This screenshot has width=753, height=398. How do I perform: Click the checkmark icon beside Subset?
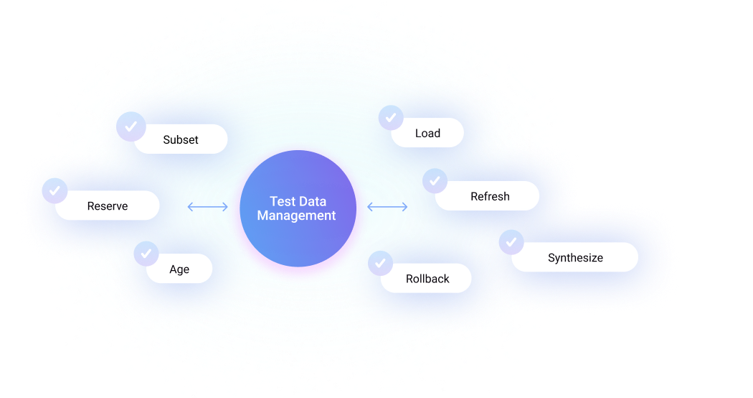coord(130,126)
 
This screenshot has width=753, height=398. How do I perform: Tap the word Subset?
coord(181,140)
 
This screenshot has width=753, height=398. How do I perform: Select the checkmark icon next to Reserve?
coord(55,191)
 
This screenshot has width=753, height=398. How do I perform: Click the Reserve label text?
coord(108,206)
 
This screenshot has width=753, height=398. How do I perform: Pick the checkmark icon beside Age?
coord(146,254)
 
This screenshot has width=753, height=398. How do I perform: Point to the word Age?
coord(179,269)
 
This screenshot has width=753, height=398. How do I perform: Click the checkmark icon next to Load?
coord(391,118)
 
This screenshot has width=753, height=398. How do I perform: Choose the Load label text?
coord(427,134)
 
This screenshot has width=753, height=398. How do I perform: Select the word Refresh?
coord(490,196)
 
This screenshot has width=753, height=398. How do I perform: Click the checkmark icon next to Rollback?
coord(380,263)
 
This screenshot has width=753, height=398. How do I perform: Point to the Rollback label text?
coord(427,279)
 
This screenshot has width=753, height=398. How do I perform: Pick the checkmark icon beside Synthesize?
coord(511,242)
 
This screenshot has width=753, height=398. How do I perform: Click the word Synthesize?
coord(575,258)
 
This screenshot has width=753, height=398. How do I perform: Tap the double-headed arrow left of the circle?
coord(207,207)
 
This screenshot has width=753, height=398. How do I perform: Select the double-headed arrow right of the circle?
coord(387,207)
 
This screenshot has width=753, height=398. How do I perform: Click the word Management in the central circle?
coord(297,216)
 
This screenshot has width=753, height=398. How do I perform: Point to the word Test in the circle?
coord(281,202)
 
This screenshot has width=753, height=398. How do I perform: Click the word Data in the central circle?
coord(312,202)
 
